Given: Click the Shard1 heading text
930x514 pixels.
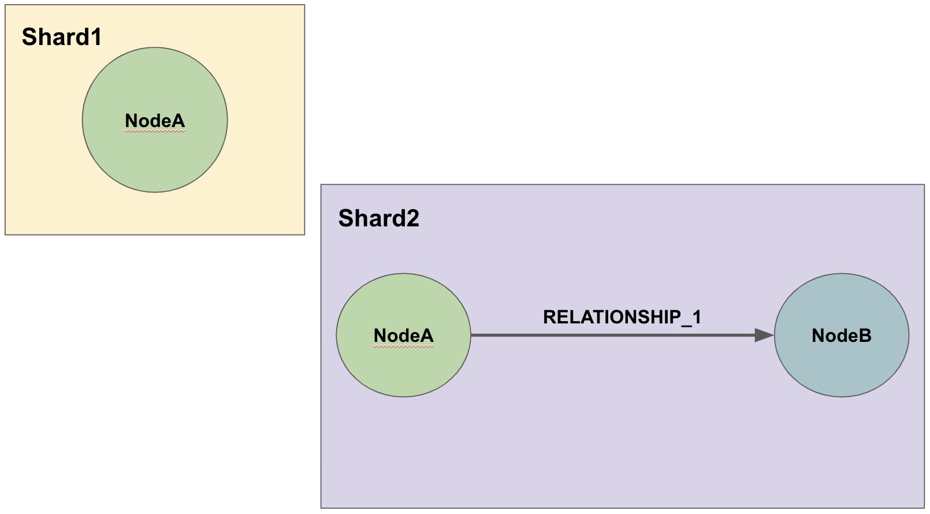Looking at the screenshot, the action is tap(61, 36).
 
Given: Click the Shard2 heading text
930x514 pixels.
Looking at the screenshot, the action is tap(379, 218).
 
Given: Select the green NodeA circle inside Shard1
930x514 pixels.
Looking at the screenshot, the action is tap(155, 120).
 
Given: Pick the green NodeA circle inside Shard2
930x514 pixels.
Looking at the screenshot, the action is tap(404, 335).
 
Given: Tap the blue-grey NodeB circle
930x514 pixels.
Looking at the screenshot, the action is tap(842, 335).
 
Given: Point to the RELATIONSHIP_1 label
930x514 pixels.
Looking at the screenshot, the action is tap(622, 317).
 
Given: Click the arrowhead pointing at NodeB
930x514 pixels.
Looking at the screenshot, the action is tap(764, 335).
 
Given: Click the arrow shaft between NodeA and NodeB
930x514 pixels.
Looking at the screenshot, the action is tap(613, 335).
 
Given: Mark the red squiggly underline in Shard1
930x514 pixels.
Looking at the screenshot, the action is tap(155, 131).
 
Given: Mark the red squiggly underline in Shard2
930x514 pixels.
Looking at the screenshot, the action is tap(404, 346).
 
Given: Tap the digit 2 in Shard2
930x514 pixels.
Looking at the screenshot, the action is tap(412, 218).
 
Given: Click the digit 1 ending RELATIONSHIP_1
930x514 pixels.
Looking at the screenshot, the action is tap(696, 317).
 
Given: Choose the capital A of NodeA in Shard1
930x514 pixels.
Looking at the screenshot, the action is tap(177, 121).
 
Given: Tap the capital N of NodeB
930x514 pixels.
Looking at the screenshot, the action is tap(819, 336).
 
